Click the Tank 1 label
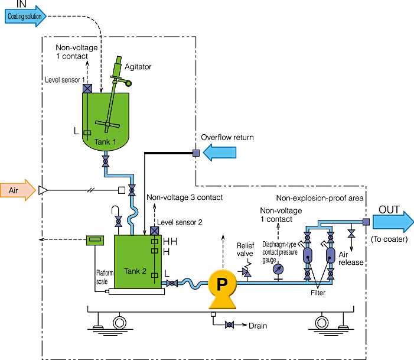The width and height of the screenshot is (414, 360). tap(105, 142)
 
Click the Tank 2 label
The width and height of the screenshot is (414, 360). tap(135, 271)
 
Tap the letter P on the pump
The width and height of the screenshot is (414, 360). tap(222, 285)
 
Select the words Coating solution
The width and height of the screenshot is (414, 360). tap(24, 17)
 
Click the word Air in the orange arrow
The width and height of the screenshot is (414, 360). tap(14, 190)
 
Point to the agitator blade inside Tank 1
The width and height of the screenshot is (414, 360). tap(105, 125)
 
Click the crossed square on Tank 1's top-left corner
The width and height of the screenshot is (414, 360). tap(87, 89)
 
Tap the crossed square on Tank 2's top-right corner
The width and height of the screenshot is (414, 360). tap(155, 231)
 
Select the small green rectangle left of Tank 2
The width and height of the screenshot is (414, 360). tap(95, 240)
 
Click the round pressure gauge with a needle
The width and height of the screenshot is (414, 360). tap(279, 269)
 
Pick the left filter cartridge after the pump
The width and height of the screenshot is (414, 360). tap(308, 255)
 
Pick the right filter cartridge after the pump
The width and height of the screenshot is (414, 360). tap(330, 255)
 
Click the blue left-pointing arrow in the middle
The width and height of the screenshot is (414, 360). tap(220, 153)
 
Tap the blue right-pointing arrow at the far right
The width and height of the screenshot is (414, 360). tap(393, 222)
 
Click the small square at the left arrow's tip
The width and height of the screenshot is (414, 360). tap(196, 153)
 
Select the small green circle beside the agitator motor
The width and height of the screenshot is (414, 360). tap(128, 83)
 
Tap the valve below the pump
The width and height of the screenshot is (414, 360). tap(229, 325)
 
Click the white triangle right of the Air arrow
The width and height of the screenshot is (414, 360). tap(43, 190)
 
